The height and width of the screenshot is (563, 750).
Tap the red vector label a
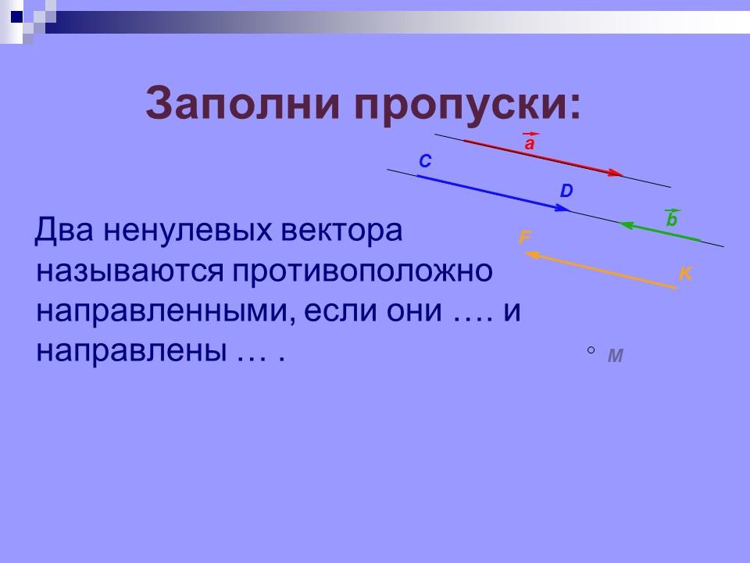pos(530,144)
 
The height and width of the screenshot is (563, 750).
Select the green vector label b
pos(671,221)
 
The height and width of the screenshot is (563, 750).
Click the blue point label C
pos(425,161)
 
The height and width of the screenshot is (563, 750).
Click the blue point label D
pos(566,191)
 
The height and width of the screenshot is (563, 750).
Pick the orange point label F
pos(525,237)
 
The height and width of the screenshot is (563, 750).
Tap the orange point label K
pos(685,274)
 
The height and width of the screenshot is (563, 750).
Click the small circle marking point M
pos(591,351)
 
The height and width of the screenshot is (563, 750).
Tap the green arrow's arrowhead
pos(625,225)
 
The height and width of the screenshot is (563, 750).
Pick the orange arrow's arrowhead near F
pos(531,254)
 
